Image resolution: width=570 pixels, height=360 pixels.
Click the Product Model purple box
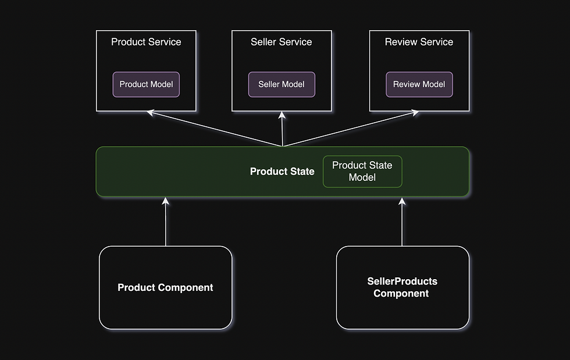point(146,84)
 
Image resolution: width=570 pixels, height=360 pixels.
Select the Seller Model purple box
point(282,84)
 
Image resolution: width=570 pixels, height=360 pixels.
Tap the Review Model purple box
point(419,84)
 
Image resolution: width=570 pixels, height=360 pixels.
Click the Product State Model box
point(362,172)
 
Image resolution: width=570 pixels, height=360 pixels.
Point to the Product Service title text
point(146,42)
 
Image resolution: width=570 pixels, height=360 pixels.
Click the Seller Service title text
point(282,42)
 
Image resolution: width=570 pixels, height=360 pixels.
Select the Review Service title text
point(419,42)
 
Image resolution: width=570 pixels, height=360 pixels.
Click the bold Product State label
point(282,172)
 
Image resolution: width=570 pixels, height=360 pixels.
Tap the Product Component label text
point(165,287)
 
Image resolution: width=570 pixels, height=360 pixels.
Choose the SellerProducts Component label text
point(402,287)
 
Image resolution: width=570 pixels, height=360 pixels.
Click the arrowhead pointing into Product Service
point(151,111)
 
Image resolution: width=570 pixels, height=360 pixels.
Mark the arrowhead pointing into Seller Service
point(282,115)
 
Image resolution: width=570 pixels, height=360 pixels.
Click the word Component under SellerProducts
point(401,294)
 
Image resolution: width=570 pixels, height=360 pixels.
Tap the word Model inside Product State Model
point(362,177)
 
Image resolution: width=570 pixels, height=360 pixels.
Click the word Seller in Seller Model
point(269,84)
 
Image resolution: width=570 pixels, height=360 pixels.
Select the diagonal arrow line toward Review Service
point(349,130)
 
